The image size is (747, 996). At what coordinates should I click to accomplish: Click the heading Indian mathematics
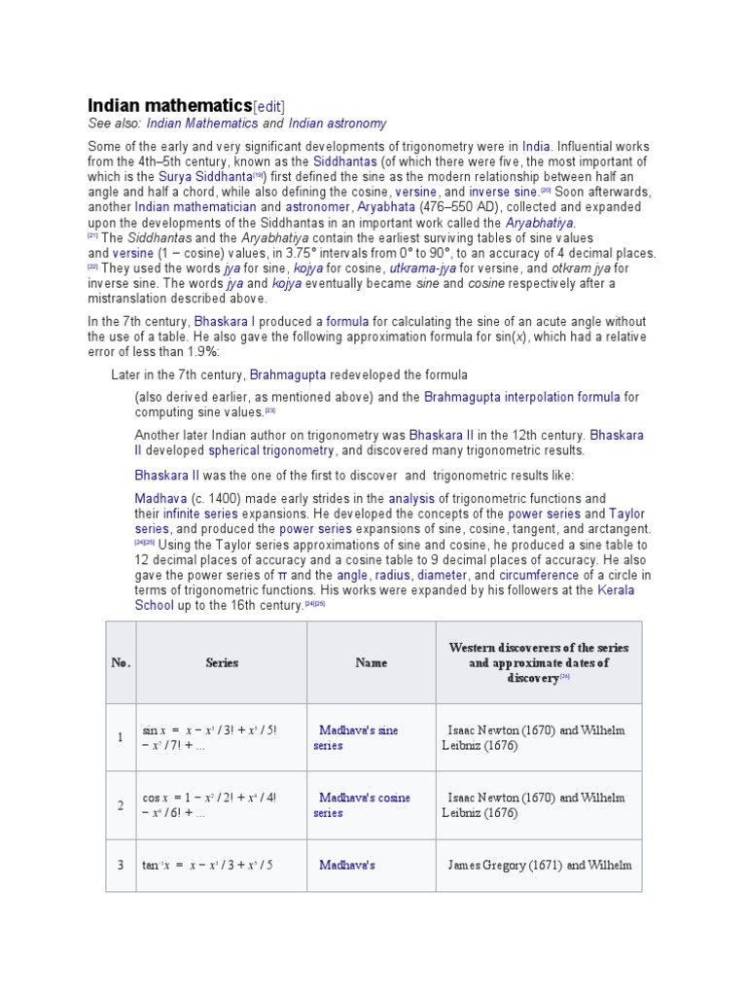coord(169,105)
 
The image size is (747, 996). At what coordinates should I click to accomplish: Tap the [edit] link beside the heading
coord(269,106)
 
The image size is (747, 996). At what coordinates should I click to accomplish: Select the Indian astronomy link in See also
coord(338,124)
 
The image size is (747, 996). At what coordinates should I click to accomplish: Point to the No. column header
coord(121,662)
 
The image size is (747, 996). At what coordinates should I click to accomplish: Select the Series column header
coord(222,662)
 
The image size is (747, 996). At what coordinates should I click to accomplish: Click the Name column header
coord(371,662)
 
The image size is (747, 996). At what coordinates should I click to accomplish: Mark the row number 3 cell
coord(121,865)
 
